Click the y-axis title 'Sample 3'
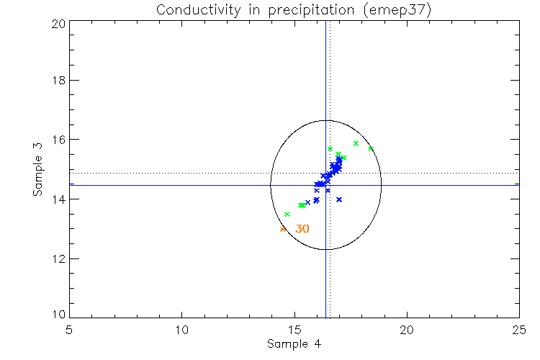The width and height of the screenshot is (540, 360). point(40,170)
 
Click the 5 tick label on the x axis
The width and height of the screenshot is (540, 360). point(69,329)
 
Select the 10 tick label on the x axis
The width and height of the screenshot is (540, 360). point(181,329)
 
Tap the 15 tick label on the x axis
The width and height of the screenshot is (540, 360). point(294,329)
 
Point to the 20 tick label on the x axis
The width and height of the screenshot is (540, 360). point(407,329)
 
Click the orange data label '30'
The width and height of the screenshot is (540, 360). point(302,229)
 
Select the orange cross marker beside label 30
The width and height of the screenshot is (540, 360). point(283,229)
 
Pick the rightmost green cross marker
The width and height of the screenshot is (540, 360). point(371,149)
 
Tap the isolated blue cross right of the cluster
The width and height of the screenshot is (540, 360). point(339,199)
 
